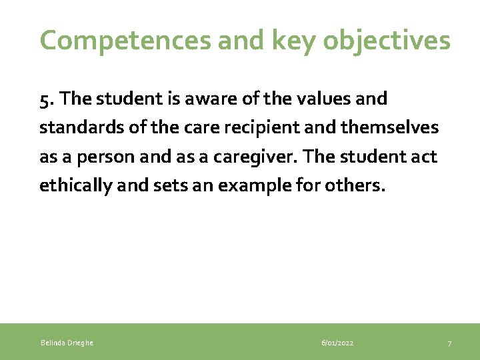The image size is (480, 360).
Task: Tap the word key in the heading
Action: coord(288,41)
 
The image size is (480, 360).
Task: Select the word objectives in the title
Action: coord(387,41)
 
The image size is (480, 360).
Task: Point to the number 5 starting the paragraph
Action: coord(44,99)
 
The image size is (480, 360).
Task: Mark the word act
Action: coord(423,157)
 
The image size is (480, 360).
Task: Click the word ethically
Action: coord(74,185)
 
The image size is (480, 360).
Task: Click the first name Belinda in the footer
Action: coord(52,343)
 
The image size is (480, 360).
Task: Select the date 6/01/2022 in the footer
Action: coord(337,343)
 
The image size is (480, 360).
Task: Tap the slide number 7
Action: coord(449,343)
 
